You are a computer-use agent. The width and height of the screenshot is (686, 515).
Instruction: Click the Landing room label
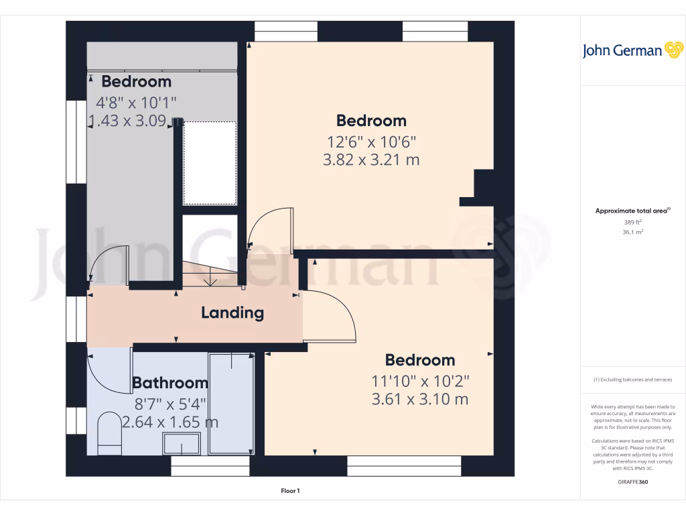(232, 312)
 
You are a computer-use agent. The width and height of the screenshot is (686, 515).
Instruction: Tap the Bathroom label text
(170, 383)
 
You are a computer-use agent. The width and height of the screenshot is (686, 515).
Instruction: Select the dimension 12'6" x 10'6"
(371, 141)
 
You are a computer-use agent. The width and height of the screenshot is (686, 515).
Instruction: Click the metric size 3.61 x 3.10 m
(420, 400)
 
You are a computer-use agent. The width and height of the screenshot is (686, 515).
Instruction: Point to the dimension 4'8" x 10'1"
(137, 103)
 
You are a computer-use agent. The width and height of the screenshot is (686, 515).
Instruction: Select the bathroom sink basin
(182, 444)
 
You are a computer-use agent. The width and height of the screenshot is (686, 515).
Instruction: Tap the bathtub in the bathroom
(231, 404)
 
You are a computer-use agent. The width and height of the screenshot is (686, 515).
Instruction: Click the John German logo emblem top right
(673, 50)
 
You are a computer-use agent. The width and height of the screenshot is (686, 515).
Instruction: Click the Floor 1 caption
(290, 492)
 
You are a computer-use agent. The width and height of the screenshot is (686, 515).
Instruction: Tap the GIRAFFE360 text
(633, 482)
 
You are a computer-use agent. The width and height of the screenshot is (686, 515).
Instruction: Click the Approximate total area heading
(632, 211)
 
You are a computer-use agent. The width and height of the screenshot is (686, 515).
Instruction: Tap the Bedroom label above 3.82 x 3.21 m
(371, 121)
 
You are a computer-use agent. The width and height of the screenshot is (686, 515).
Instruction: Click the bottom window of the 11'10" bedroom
(405, 467)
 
